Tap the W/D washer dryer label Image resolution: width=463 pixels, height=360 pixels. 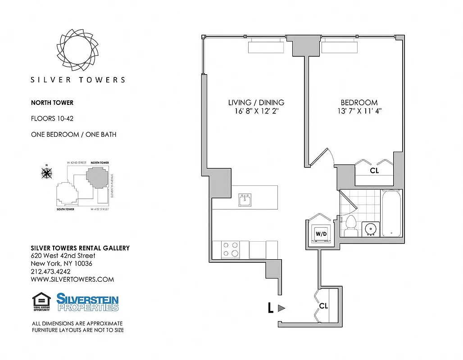coord(321,234)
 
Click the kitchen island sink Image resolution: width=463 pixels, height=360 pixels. coord(245,200)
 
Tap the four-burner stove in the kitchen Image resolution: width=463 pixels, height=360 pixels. coord(231,249)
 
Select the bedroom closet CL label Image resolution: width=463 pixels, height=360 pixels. coord(374,171)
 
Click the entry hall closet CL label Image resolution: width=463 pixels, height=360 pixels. coord(323,306)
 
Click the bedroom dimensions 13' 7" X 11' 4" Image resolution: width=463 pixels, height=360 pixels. coord(359,111)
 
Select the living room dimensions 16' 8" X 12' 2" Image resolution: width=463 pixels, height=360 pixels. coord(256,111)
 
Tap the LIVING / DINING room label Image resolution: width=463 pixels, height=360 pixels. coord(256,102)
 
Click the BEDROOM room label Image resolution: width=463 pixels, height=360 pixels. coord(359,102)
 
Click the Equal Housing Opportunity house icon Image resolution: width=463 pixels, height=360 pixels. coord(41,300)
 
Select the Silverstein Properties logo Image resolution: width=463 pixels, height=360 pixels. coord(87,302)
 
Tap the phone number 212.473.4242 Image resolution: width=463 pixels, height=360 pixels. coord(50,271)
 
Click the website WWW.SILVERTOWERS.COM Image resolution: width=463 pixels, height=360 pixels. coord(72,279)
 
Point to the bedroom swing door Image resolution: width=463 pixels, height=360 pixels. coord(322,157)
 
